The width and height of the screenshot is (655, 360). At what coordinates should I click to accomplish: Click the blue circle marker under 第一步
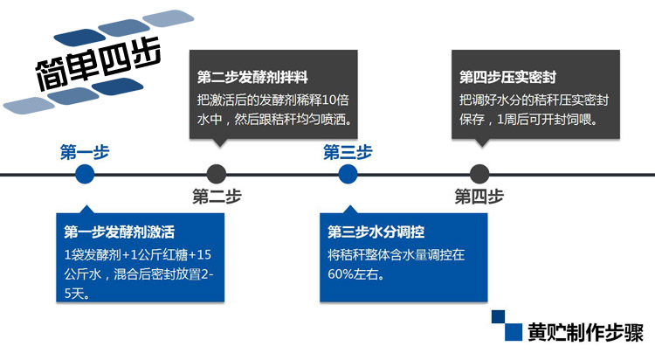coord(85,175)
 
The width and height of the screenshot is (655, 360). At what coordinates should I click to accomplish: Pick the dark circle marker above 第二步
coord(217,175)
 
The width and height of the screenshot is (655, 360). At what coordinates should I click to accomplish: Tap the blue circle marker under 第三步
coord(348,175)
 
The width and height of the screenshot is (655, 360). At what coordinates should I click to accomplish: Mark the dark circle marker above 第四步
coord(479,175)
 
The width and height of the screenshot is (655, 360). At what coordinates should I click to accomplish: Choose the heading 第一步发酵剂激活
coord(120,232)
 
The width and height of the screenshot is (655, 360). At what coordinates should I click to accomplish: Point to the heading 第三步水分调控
coord(376,232)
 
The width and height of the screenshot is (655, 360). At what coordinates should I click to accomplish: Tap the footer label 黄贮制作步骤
coord(585,332)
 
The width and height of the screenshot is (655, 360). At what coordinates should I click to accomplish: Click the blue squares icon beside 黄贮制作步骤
coord(507,325)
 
